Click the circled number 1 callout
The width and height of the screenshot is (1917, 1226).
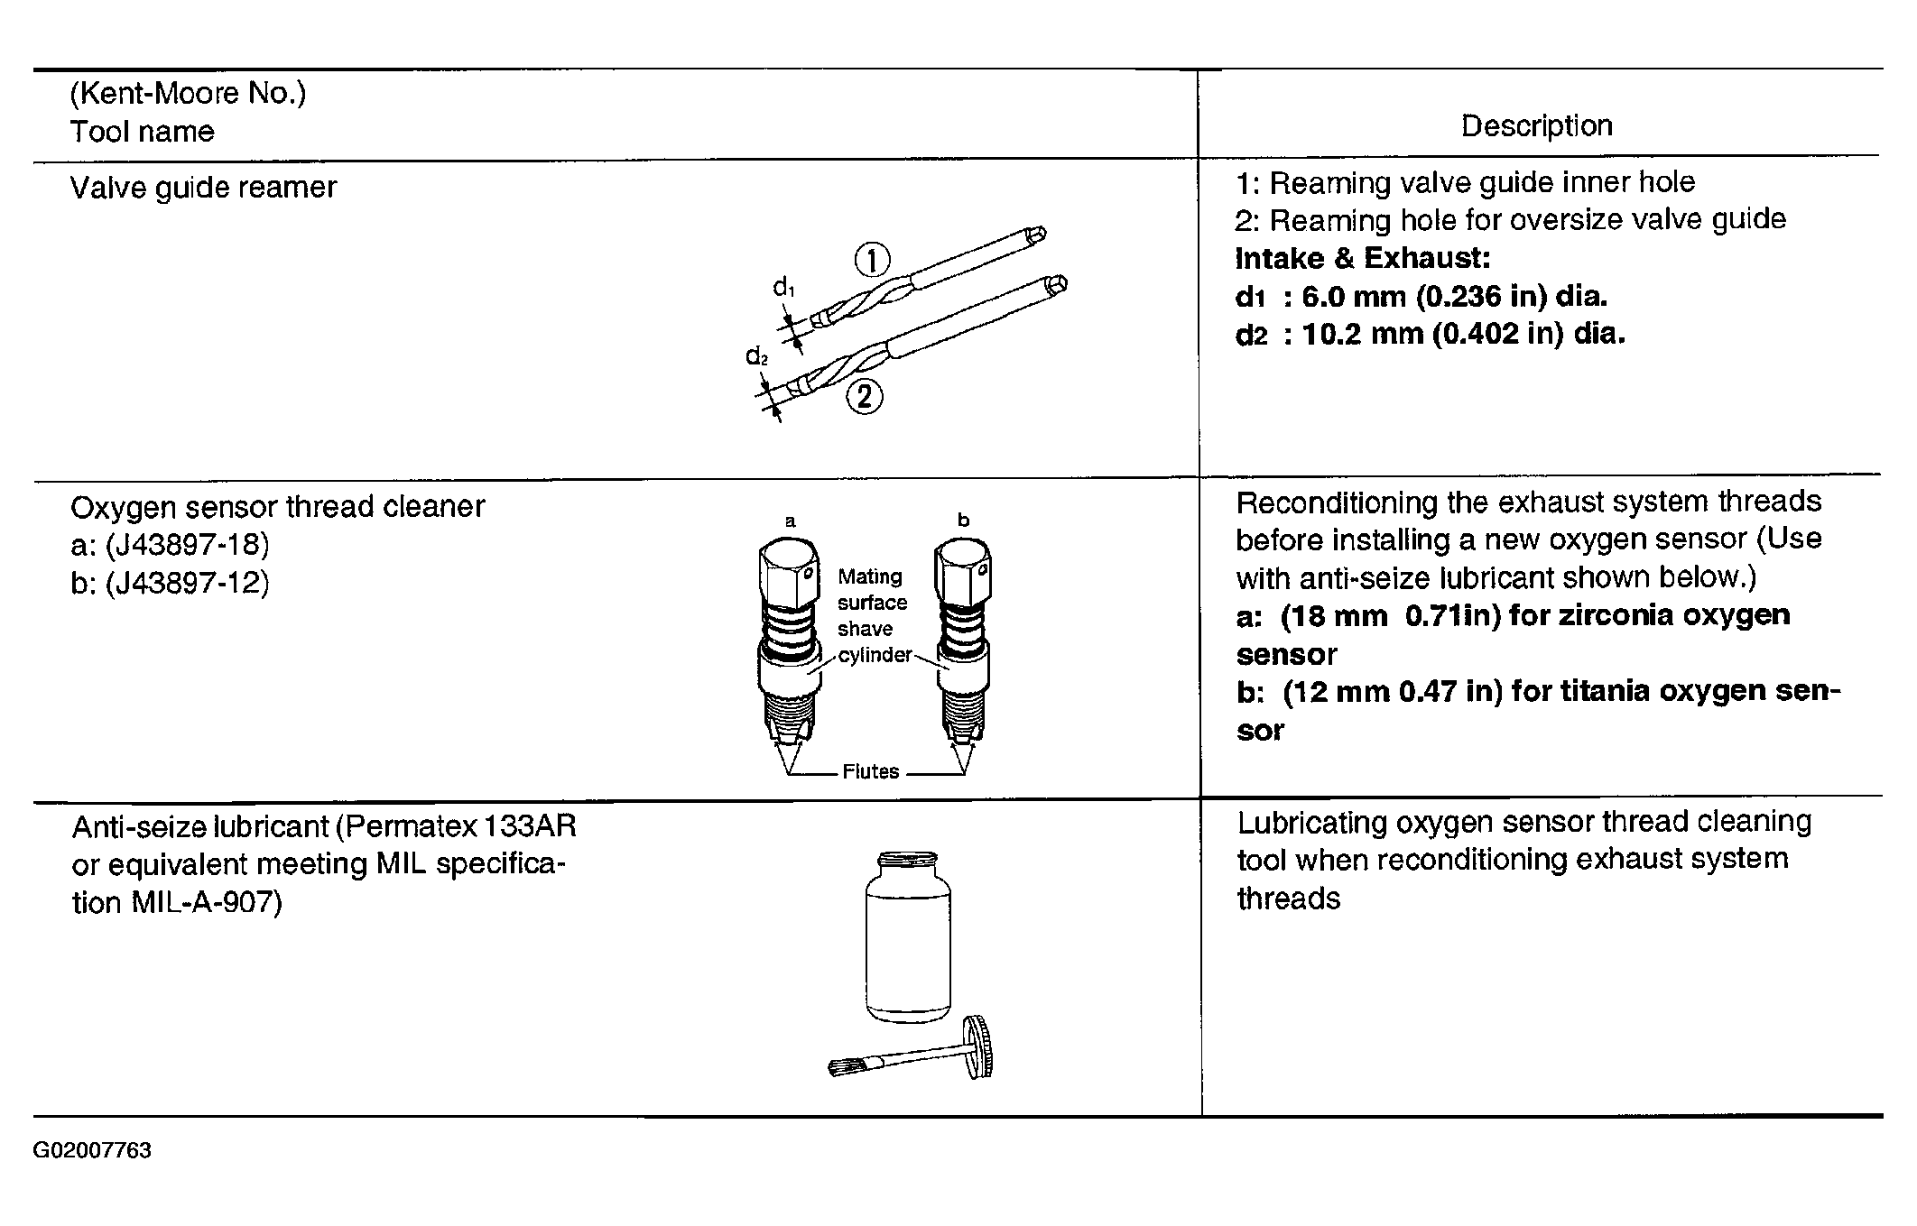872,261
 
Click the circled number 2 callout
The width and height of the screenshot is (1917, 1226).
864,396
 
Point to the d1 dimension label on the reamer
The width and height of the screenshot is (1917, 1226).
783,288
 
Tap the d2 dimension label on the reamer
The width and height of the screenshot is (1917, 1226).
756,356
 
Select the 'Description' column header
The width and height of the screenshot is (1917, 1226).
1536,125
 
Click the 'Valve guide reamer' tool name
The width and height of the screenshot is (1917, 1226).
203,187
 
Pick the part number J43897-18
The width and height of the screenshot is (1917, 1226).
187,544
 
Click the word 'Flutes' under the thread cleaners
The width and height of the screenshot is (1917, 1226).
870,771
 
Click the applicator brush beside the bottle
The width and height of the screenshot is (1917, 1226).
911,1050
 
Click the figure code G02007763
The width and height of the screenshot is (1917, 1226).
92,1150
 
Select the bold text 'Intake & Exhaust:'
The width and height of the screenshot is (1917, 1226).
1363,258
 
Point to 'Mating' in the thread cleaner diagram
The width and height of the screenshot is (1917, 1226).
870,577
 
